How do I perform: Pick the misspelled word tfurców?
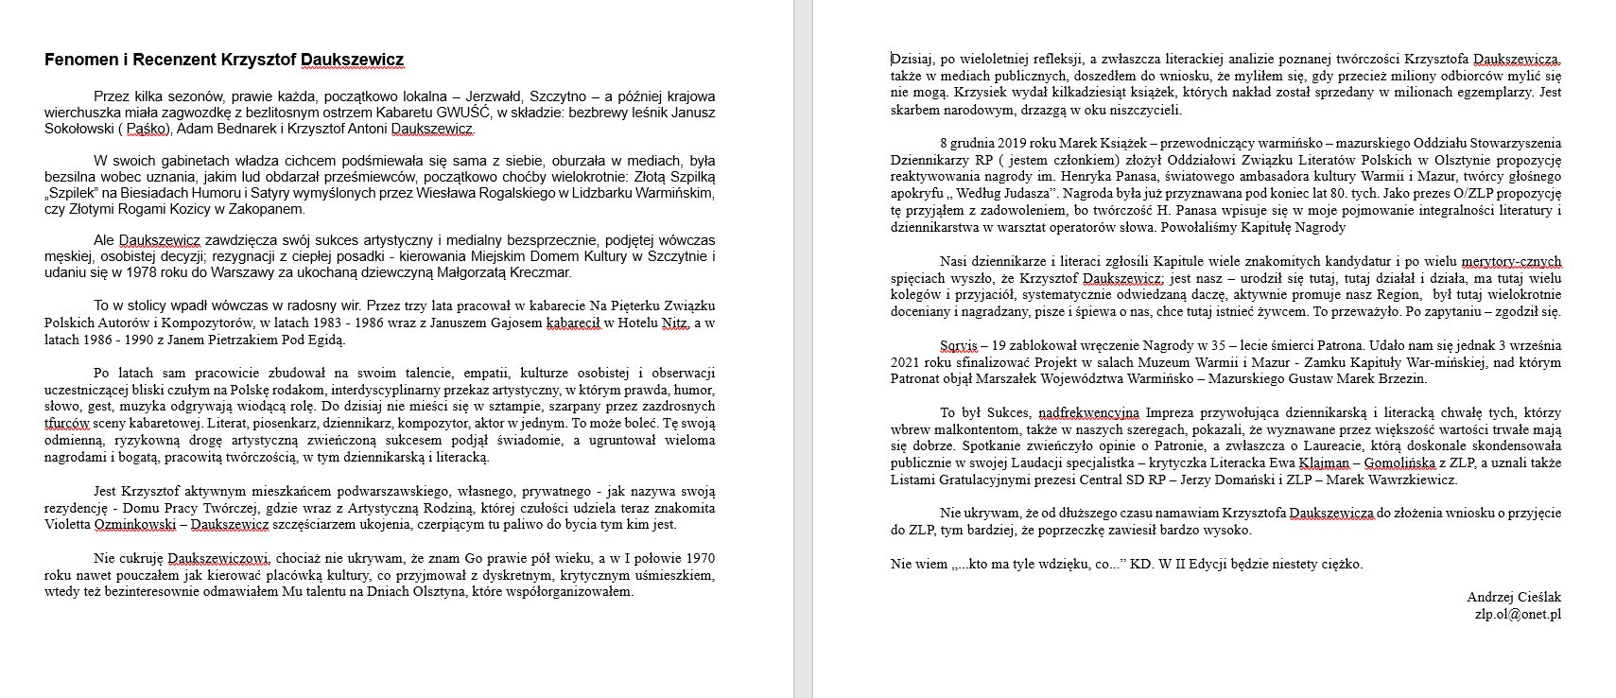pyautogui.click(x=67, y=423)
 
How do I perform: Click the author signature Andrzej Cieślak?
pyautogui.click(x=1514, y=597)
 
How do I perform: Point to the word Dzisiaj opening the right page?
pyautogui.click(x=912, y=59)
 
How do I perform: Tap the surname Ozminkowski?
pyautogui.click(x=127, y=524)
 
